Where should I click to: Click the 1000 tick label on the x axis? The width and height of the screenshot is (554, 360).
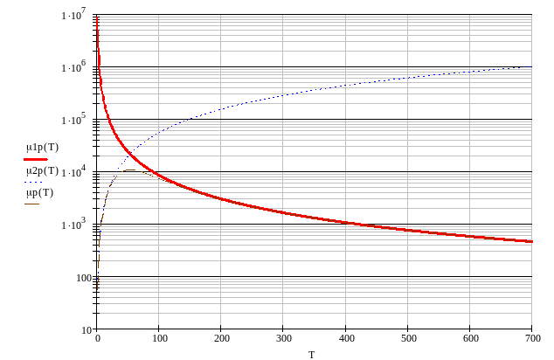(x=159, y=338)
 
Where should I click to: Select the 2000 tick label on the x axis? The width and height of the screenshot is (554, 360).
(x=221, y=338)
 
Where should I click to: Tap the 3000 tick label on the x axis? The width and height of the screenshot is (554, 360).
(x=283, y=338)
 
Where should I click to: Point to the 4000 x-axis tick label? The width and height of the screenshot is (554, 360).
(x=345, y=338)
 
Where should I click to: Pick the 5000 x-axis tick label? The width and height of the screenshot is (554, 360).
(x=407, y=338)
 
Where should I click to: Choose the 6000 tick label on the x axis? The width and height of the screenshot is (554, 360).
(x=469, y=338)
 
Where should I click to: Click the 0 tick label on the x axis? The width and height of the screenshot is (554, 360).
(x=98, y=338)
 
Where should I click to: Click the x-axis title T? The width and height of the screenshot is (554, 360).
(x=313, y=352)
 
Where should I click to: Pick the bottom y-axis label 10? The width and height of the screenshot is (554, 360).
(x=87, y=329)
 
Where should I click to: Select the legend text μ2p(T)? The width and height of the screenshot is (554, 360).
(x=42, y=172)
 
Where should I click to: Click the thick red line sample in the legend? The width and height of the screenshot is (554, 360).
(x=35, y=159)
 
